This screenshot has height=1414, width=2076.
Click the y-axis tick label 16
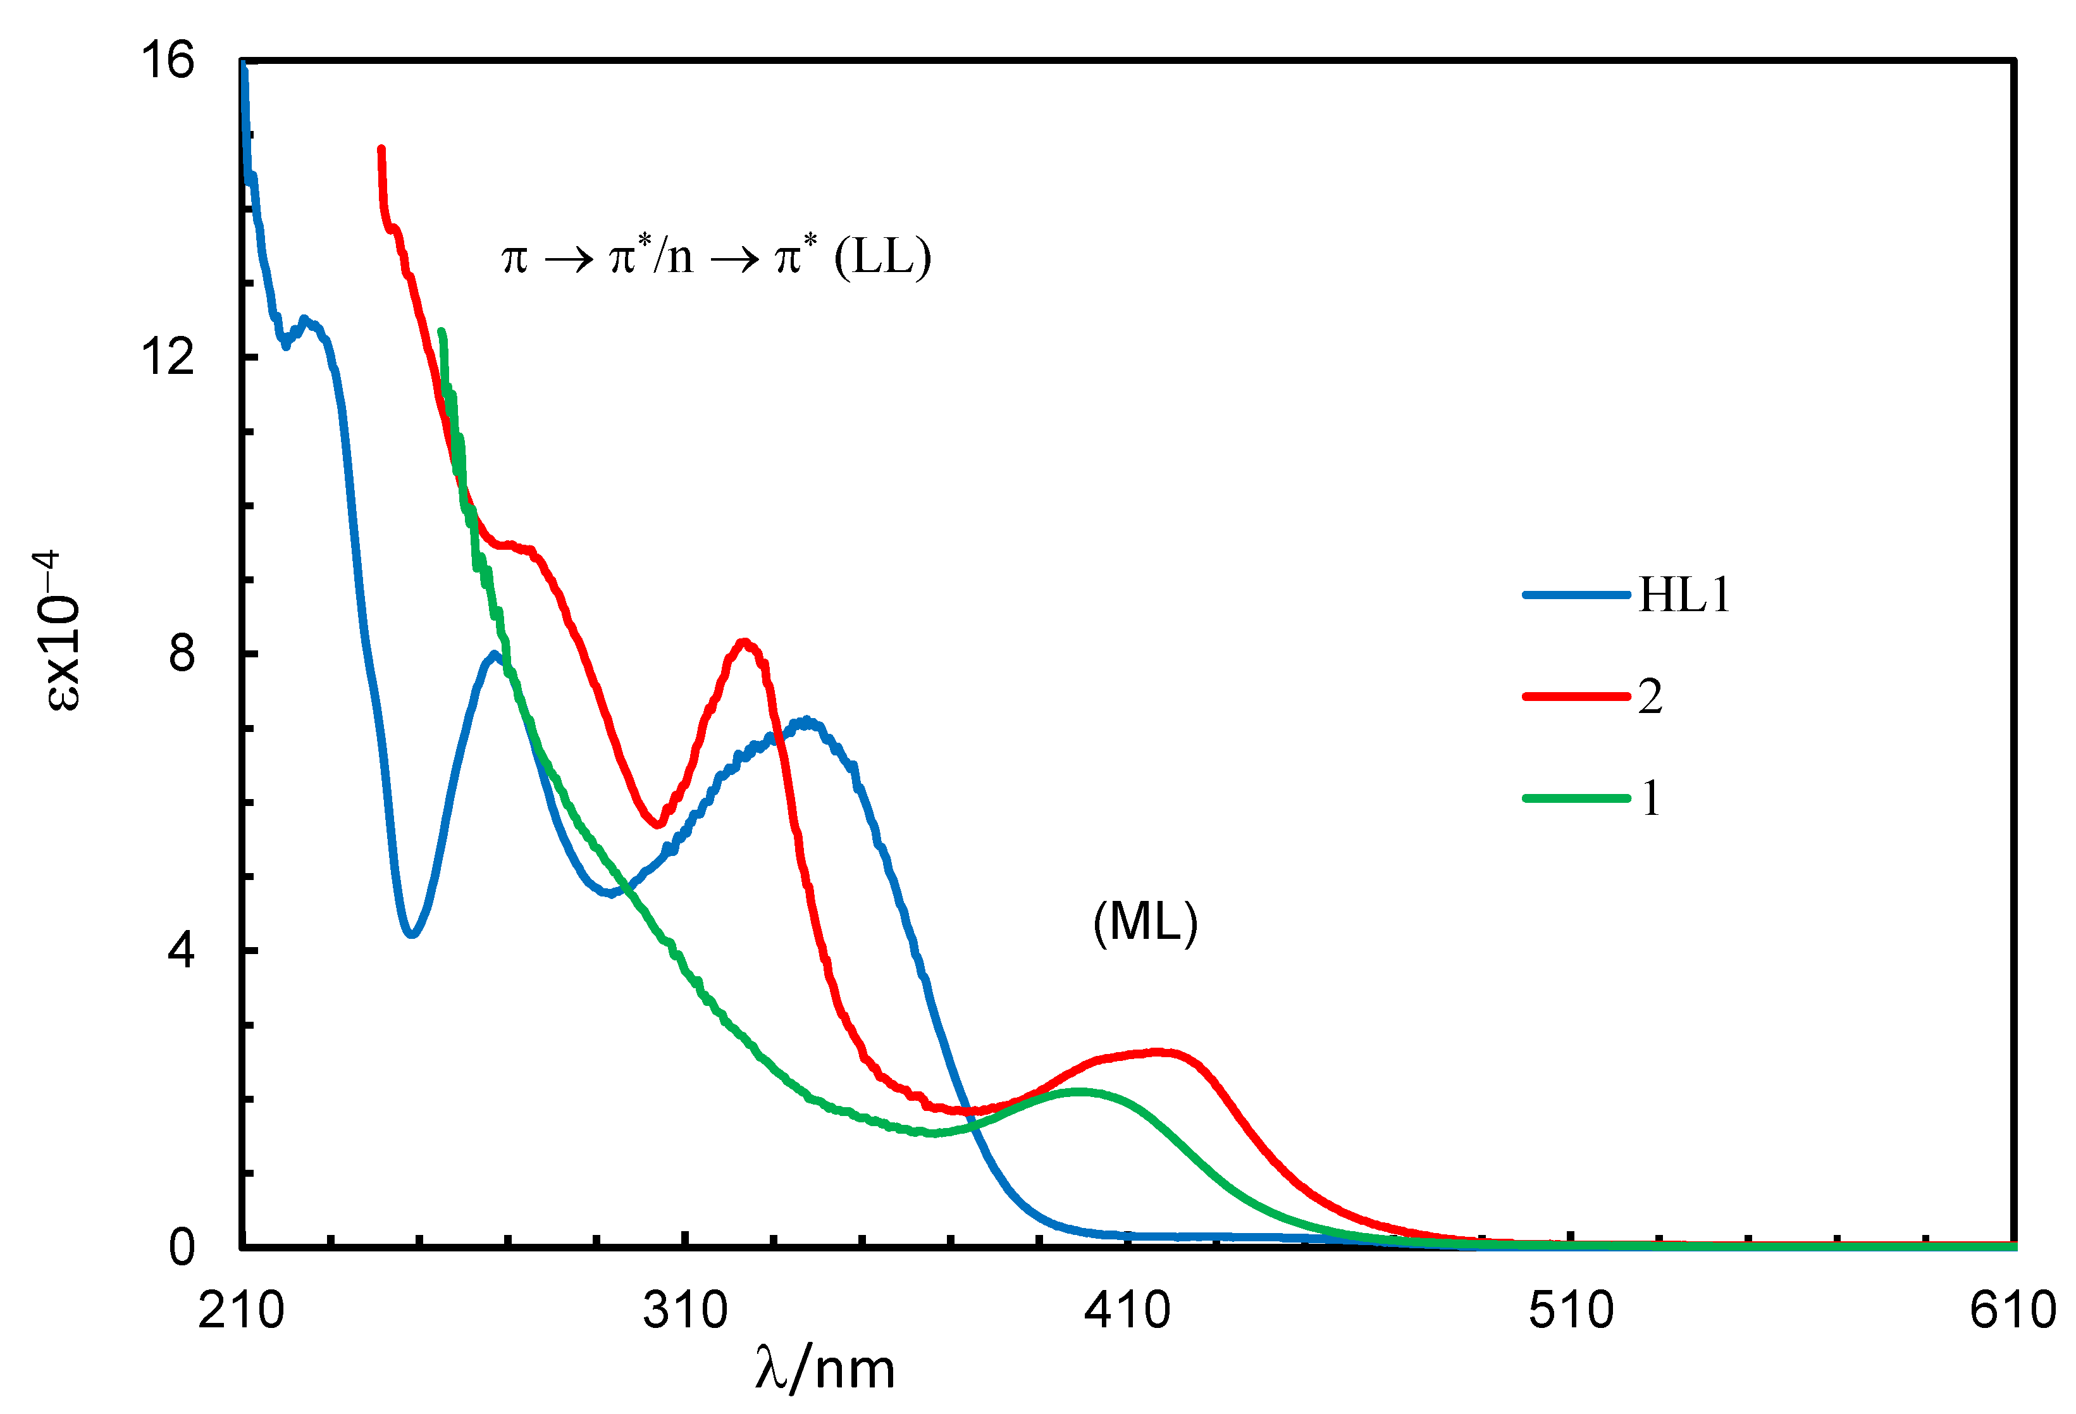[167, 61]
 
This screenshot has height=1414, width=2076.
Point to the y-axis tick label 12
[167, 357]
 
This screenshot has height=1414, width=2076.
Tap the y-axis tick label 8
[182, 653]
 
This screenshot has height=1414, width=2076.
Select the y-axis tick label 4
[182, 950]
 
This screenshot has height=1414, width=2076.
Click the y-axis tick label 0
[182, 1246]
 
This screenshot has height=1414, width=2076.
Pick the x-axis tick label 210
[241, 1310]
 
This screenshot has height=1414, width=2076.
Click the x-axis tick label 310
[685, 1310]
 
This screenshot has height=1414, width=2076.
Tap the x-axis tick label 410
[1127, 1310]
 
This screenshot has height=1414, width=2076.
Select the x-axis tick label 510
[1571, 1310]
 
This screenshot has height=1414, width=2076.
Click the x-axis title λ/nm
[824, 1369]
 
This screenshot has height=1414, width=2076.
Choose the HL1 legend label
[1684, 595]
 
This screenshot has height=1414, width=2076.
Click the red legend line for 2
[1576, 696]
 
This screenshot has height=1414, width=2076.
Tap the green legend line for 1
[1576, 798]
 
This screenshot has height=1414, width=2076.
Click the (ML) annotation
[1145, 922]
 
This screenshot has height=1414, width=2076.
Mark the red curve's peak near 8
[744, 642]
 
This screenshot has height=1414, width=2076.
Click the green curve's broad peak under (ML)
[1079, 1091]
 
